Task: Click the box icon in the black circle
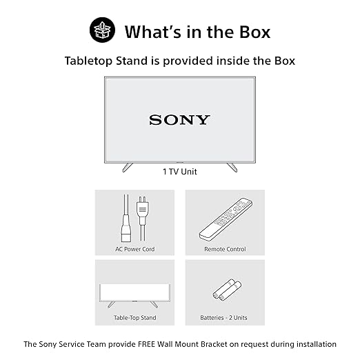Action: tap(102, 30)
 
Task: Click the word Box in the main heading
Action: tap(254, 32)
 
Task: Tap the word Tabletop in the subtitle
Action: tap(89, 61)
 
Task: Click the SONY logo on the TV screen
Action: tap(179, 120)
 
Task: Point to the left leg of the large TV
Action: tap(128, 167)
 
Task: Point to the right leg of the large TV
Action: tap(232, 167)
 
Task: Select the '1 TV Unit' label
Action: tap(180, 172)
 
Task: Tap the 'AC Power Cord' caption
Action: tap(135, 249)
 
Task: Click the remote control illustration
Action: tap(226, 219)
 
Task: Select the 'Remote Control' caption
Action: tap(225, 249)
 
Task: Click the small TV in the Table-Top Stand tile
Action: tap(135, 295)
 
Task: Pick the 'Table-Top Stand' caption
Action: tap(135, 318)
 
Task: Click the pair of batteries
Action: tap(227, 290)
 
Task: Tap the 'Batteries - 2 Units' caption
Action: tap(223, 318)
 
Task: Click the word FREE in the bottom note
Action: tap(147, 344)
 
